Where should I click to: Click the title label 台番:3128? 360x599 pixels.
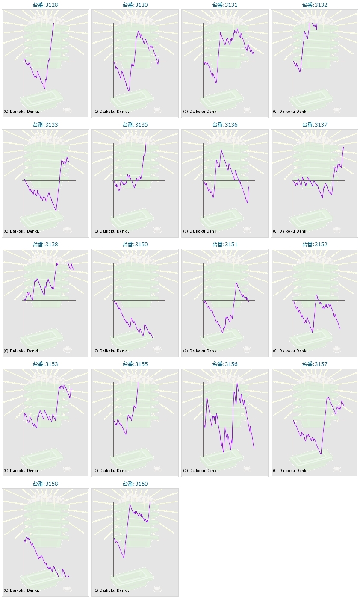click(x=45, y=5)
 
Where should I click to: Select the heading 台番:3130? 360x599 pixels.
click(x=135, y=5)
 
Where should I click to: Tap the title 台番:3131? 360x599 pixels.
click(x=224, y=5)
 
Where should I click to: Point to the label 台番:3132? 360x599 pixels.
click(x=315, y=5)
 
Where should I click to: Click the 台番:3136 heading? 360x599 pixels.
click(x=224, y=124)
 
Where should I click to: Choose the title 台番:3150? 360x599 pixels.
click(x=135, y=245)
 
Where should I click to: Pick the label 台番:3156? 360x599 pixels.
click(x=224, y=364)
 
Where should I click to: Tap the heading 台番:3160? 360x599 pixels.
click(x=135, y=484)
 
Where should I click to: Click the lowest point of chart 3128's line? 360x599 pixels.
click(x=44, y=88)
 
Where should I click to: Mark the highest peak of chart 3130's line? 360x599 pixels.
click(x=138, y=31)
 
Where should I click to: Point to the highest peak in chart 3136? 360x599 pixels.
click(x=221, y=150)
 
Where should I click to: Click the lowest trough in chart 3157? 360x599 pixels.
click(x=321, y=454)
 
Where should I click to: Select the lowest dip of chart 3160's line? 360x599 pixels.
click(x=124, y=557)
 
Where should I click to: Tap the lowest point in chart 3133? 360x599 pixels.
click(x=56, y=211)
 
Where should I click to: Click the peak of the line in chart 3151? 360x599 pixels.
click(x=236, y=283)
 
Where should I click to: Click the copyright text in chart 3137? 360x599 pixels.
click(x=291, y=231)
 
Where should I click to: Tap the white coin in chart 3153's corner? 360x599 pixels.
click(x=68, y=469)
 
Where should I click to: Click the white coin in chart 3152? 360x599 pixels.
click(x=337, y=349)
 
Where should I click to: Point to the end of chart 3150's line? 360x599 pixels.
click(x=153, y=337)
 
